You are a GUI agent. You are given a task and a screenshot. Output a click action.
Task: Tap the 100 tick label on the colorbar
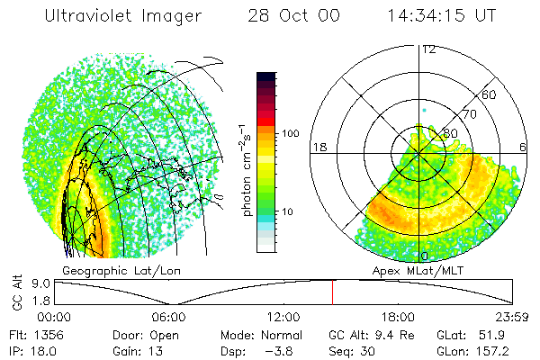(x=290, y=134)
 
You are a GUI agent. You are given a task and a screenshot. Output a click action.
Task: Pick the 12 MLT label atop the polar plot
(x=428, y=49)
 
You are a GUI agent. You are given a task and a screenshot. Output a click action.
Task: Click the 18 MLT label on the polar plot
(x=318, y=147)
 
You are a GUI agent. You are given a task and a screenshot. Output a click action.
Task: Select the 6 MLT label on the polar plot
(x=523, y=147)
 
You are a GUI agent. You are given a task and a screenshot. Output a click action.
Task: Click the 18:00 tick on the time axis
(x=398, y=317)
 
